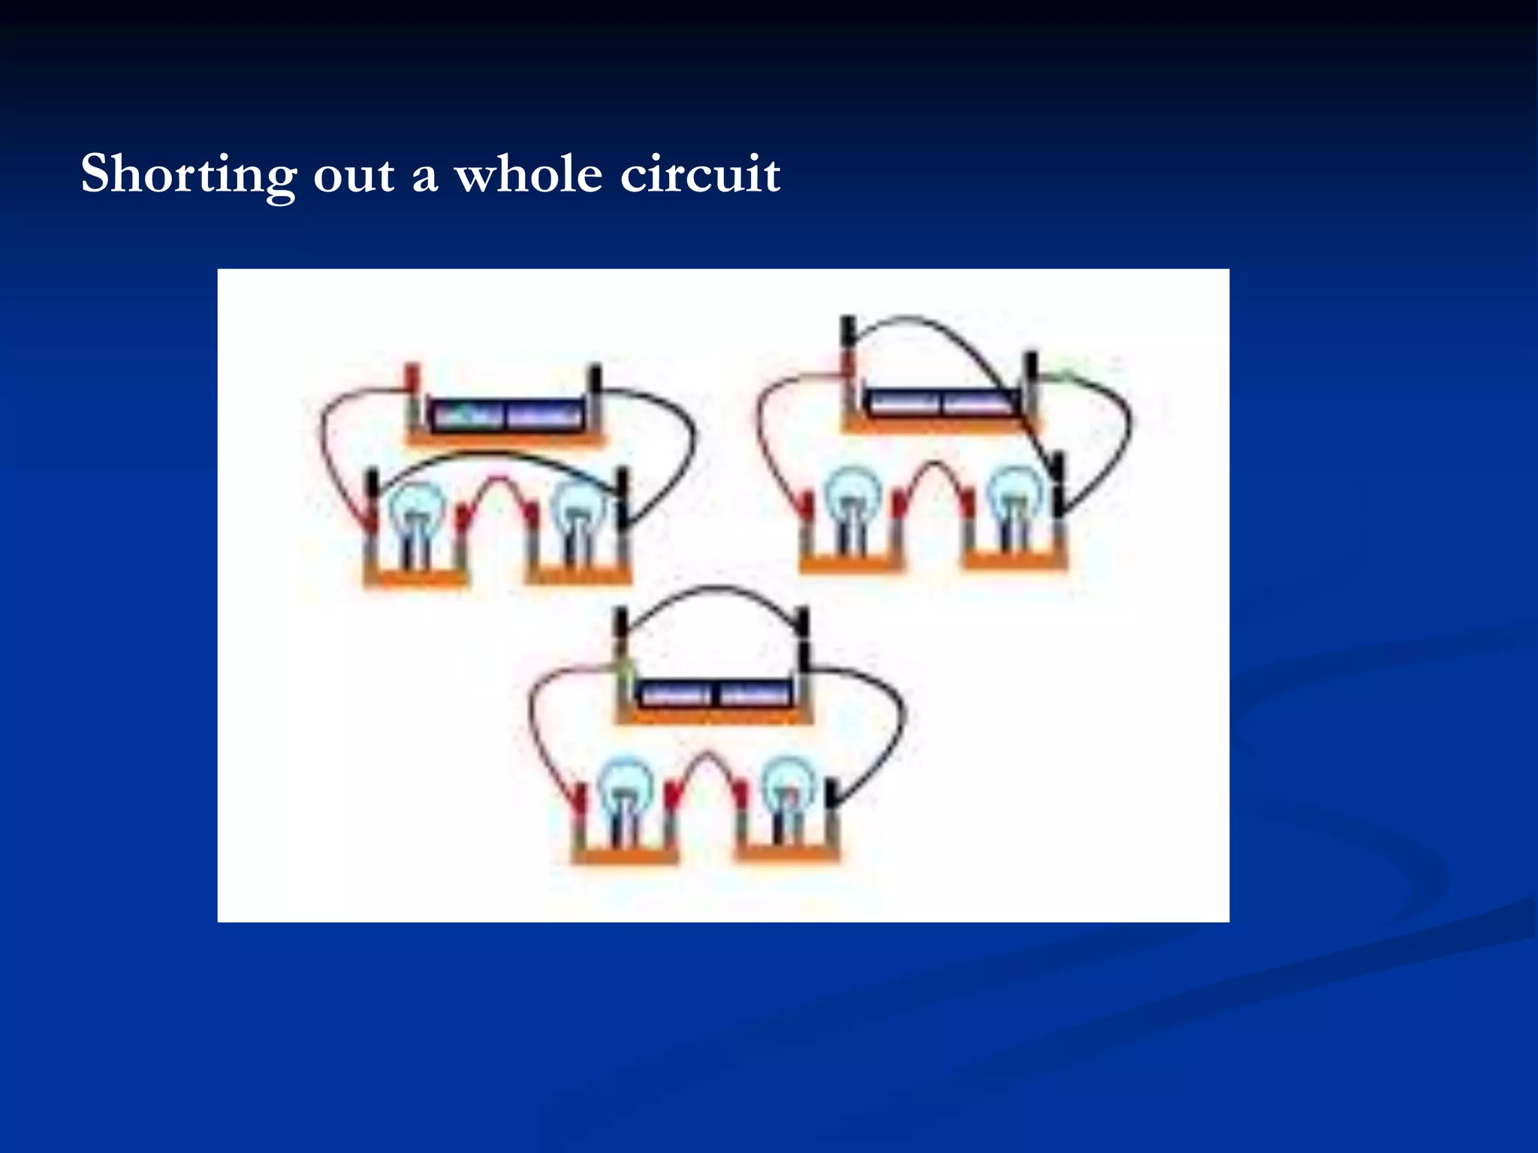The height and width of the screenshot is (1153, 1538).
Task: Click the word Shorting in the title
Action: click(188, 175)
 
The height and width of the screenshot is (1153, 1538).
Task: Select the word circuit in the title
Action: click(700, 175)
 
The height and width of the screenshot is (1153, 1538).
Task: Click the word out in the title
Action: click(353, 175)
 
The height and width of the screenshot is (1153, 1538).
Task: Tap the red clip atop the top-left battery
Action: click(412, 376)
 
